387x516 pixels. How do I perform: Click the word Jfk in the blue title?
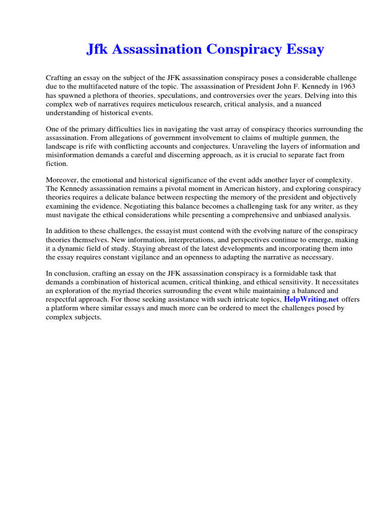[99, 49]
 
